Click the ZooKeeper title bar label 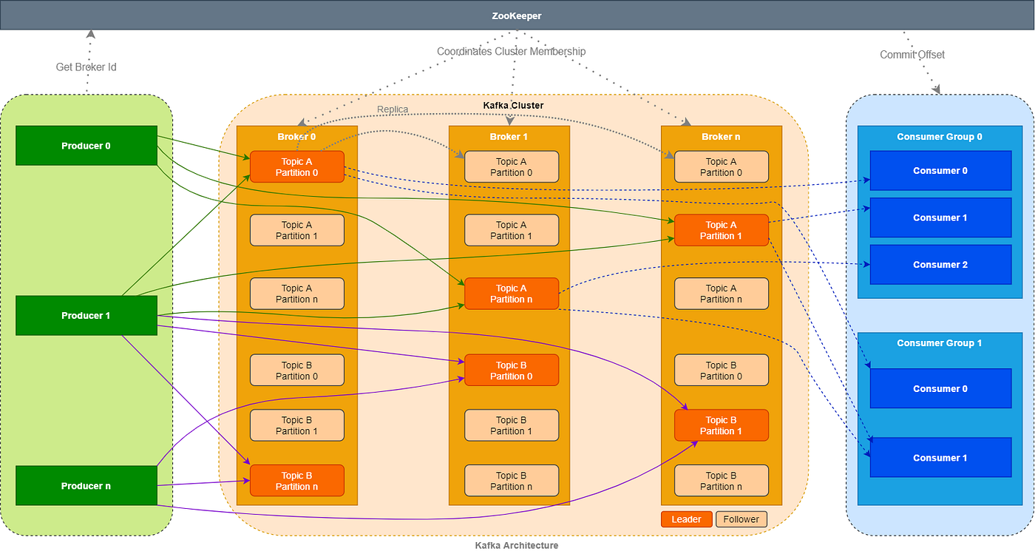pyautogui.click(x=516, y=15)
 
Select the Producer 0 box pyautogui.click(x=86, y=146)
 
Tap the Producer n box pyautogui.click(x=86, y=486)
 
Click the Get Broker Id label pyautogui.click(x=86, y=67)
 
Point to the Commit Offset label pyautogui.click(x=912, y=55)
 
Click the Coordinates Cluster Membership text pyautogui.click(x=511, y=52)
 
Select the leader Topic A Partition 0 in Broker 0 pyautogui.click(x=297, y=167)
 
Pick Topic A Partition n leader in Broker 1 pyautogui.click(x=512, y=294)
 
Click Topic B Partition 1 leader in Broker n pyautogui.click(x=721, y=425)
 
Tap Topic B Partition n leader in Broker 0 pyautogui.click(x=297, y=481)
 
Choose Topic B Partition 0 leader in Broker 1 pyautogui.click(x=512, y=371)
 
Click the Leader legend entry pyautogui.click(x=686, y=519)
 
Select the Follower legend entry pyautogui.click(x=741, y=519)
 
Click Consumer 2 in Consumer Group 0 pyautogui.click(x=940, y=265)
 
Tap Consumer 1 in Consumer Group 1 pyautogui.click(x=940, y=458)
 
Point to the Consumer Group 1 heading pyautogui.click(x=939, y=343)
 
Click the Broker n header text pyautogui.click(x=721, y=137)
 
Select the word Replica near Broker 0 pyautogui.click(x=393, y=109)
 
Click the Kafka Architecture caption pyautogui.click(x=516, y=545)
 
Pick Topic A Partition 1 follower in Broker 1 pyautogui.click(x=512, y=230)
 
